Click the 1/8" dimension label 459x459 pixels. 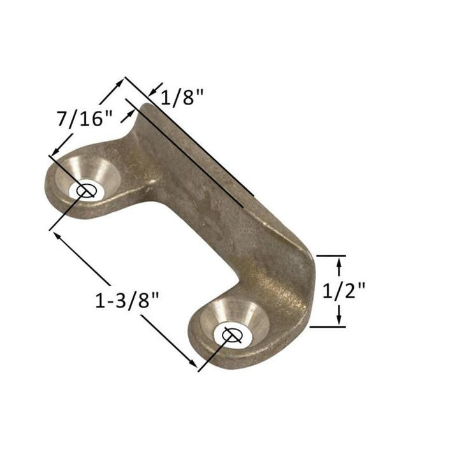pyautogui.click(x=182, y=98)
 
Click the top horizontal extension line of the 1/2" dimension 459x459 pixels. pyautogui.click(x=331, y=256)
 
